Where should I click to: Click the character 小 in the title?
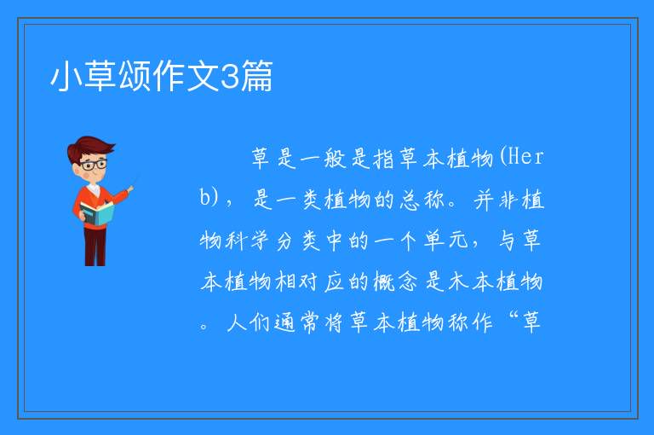[66, 76]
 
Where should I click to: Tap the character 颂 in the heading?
[135, 76]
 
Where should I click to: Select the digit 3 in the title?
[228, 76]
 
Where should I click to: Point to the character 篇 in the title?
[256, 76]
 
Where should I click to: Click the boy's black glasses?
[94, 164]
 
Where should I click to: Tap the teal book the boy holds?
[96, 213]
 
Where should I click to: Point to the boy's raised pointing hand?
[130, 189]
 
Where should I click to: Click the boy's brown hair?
[90, 148]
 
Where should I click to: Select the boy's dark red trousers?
[95, 246]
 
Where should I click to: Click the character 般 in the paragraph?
[335, 159]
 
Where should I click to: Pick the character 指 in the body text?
[384, 159]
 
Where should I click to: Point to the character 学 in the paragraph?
[260, 241]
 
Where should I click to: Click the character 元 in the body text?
[458, 241]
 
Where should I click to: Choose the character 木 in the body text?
[458, 281]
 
